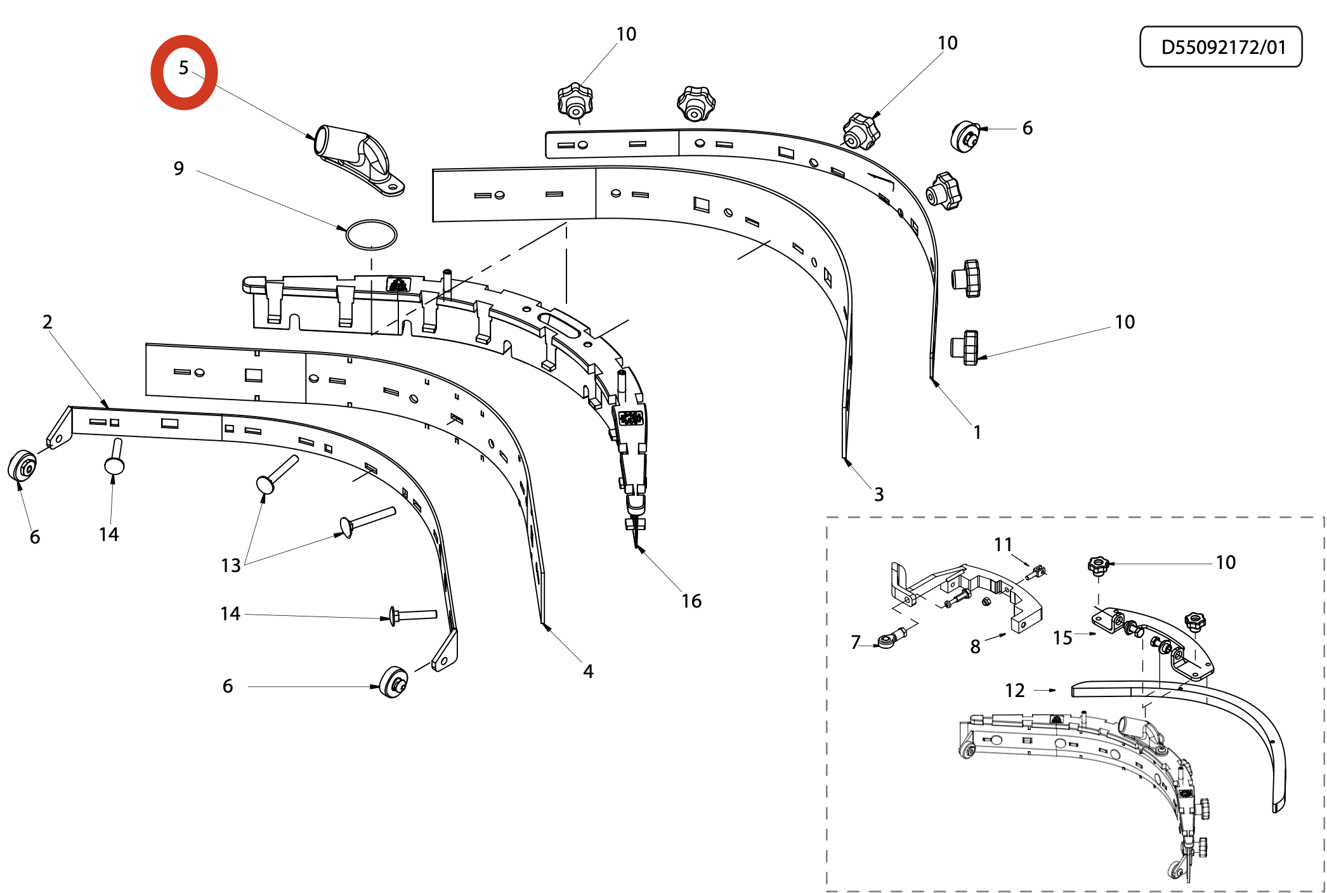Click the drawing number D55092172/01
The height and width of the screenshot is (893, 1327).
tap(1222, 48)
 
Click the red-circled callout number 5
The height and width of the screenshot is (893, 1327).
tap(183, 68)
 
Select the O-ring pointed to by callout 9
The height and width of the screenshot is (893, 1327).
tap(371, 235)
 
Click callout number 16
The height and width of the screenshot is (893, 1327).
tap(691, 601)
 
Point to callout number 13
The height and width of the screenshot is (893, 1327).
tap(231, 565)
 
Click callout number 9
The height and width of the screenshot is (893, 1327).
tap(179, 168)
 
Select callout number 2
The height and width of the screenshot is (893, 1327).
tap(47, 322)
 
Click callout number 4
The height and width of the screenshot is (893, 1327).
tap(588, 671)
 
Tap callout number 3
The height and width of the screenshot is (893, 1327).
tap(879, 494)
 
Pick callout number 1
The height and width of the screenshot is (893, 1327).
tap(977, 432)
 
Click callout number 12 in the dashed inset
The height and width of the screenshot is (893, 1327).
tap(1014, 690)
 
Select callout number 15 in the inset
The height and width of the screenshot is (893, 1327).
tap(1062, 637)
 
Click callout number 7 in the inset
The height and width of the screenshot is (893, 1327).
tap(856, 642)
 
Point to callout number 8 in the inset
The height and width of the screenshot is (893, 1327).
tap(975, 646)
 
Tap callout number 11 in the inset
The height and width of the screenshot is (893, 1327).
tap(1003, 544)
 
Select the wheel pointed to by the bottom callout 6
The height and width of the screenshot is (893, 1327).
tap(393, 682)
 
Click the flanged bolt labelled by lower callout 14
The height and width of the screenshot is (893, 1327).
tap(412, 615)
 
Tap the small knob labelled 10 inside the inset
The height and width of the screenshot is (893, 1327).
tap(1098, 565)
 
